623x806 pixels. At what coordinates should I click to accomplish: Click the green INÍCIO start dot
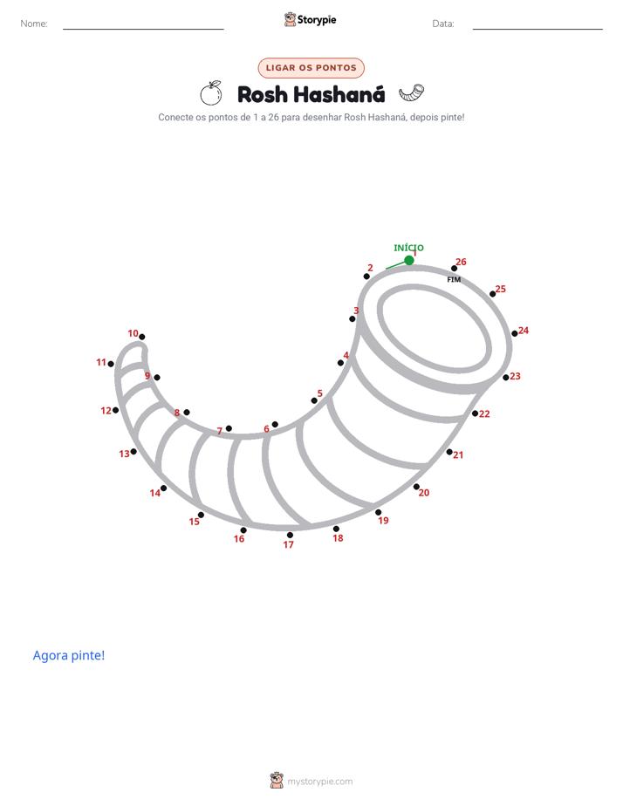click(x=409, y=261)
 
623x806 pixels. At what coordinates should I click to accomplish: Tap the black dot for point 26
click(x=454, y=269)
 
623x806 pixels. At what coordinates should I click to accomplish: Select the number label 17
click(x=288, y=544)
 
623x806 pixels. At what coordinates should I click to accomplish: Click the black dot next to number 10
click(x=142, y=338)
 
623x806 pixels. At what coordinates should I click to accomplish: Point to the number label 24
click(x=524, y=331)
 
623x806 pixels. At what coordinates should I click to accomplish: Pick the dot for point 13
click(x=133, y=452)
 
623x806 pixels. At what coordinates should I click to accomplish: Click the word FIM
click(x=454, y=280)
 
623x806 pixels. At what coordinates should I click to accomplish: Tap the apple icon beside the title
click(x=211, y=93)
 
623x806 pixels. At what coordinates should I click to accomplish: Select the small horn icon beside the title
click(x=412, y=93)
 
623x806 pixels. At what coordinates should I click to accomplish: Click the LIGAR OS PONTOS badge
click(x=311, y=68)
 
